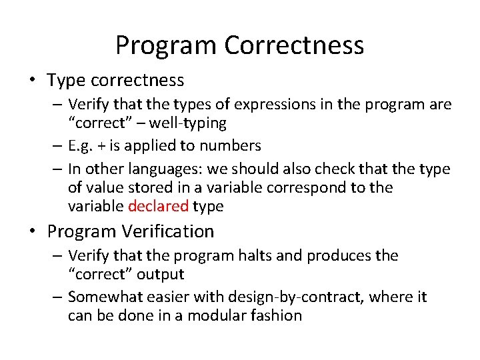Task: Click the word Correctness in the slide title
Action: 294,45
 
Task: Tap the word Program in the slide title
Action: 166,45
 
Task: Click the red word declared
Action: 158,207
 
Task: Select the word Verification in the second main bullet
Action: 169,231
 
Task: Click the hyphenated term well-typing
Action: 187,123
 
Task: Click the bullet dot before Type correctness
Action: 33,81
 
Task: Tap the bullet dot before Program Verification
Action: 33,232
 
